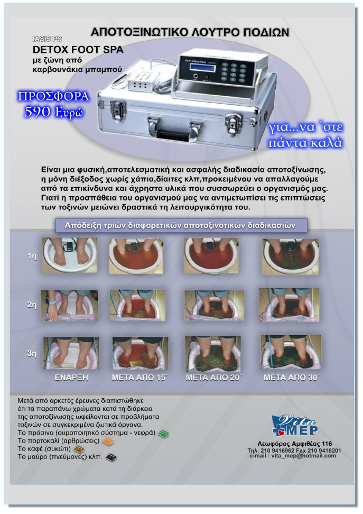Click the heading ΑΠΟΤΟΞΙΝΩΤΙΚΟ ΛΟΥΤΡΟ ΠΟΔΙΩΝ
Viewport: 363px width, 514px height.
[190, 32]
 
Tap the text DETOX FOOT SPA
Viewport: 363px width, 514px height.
[78, 50]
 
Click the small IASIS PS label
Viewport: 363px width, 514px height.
[47, 39]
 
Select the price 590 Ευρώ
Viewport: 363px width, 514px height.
[54, 112]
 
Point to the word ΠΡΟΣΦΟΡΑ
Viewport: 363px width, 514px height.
[53, 96]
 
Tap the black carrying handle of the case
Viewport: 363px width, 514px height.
[174, 134]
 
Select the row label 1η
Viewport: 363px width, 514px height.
[32, 256]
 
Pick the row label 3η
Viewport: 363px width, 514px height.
[32, 353]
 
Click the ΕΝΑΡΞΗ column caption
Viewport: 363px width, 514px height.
[71, 378]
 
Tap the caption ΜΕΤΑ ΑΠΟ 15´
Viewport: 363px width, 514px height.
[139, 378]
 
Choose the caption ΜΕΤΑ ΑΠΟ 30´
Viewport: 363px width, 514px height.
[291, 378]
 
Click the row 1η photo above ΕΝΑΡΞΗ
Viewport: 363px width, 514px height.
[69, 255]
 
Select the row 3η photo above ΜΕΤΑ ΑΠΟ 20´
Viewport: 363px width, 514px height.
[213, 353]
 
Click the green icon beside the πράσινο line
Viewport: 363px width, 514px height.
[163, 434]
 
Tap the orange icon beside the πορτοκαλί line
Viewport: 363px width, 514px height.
[108, 442]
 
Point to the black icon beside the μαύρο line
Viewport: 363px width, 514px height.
[111, 457]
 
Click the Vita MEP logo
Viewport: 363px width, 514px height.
[294, 426]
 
